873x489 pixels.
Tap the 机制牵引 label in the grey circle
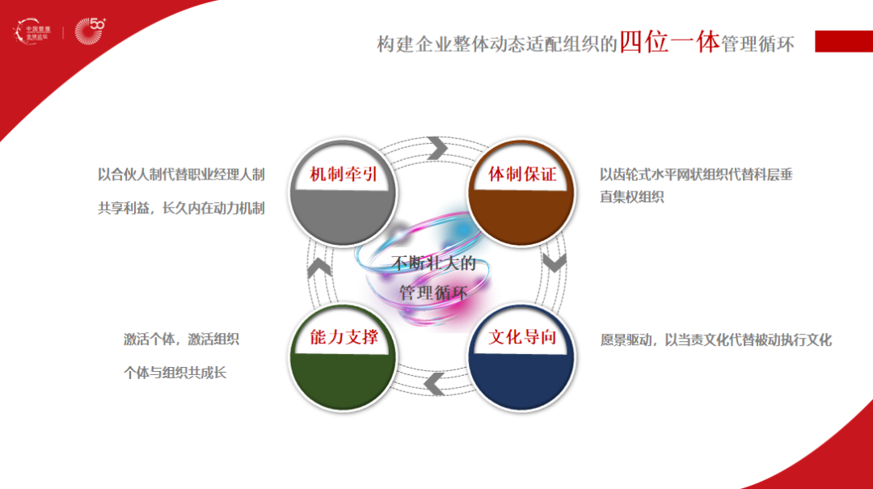click(x=344, y=175)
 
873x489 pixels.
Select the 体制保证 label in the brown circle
click(x=522, y=175)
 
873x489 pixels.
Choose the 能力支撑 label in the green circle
click(x=344, y=337)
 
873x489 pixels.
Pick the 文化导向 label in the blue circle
click(x=522, y=337)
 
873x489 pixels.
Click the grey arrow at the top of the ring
click(x=437, y=148)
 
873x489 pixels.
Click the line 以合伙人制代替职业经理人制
click(x=181, y=175)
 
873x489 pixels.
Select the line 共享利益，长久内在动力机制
click(x=181, y=208)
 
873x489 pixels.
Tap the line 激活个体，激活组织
click(x=181, y=339)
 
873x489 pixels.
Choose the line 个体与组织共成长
click(x=174, y=373)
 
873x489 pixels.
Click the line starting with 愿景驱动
click(x=715, y=339)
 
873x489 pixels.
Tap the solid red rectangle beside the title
click(x=843, y=41)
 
